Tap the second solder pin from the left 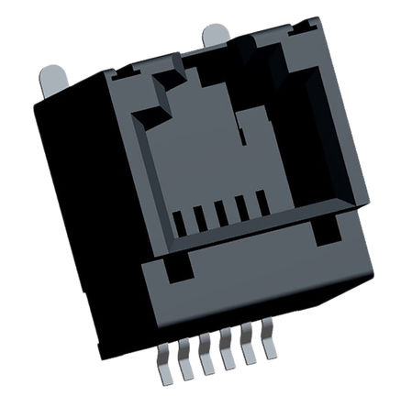coord(188,368)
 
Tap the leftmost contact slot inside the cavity coord(180,224)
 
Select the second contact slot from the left coord(200,218)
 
